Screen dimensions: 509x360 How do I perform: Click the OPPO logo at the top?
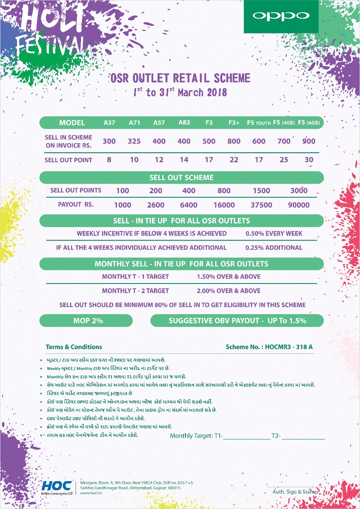(281, 16)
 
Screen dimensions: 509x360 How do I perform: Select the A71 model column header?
(134, 122)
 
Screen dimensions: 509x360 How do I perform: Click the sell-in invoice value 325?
(134, 141)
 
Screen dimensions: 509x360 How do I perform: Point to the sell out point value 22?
(234, 160)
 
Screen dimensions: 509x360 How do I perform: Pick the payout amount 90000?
(299, 205)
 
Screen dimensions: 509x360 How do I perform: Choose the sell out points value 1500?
(261, 190)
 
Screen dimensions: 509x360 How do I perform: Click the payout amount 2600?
(156, 205)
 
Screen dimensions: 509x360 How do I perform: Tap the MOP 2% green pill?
(86, 321)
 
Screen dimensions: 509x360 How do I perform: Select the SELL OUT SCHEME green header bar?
(181, 177)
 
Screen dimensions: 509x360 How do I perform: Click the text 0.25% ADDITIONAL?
(274, 247)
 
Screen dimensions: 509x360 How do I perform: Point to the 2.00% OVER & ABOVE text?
(229, 291)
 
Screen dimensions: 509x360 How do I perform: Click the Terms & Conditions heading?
(74, 347)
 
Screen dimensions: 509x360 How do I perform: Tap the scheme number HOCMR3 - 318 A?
(269, 347)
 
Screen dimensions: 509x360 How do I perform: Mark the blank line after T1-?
(247, 437)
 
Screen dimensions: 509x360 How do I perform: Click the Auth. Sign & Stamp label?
(295, 492)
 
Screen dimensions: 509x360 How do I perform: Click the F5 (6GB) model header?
(309, 123)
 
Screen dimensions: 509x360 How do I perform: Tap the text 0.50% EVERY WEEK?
(274, 233)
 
